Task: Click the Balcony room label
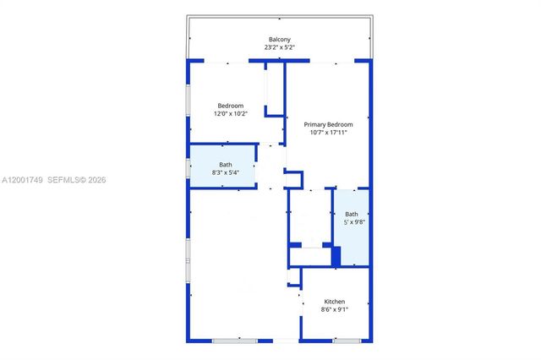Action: point(280,40)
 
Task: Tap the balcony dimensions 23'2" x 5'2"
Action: point(280,48)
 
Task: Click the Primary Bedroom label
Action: point(328,124)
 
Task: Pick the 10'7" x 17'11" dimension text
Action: point(328,133)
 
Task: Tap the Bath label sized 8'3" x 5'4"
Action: point(226,164)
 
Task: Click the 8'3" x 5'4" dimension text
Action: point(226,172)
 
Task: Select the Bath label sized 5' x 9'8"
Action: point(352,215)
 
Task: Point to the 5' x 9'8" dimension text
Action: point(352,223)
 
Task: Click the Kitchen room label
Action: point(335,302)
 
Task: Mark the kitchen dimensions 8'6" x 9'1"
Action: point(335,310)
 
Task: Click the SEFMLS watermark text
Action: point(66,180)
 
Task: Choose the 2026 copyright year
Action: point(96,180)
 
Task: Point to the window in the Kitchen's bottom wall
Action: point(347,340)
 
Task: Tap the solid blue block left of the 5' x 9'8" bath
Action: point(336,255)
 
